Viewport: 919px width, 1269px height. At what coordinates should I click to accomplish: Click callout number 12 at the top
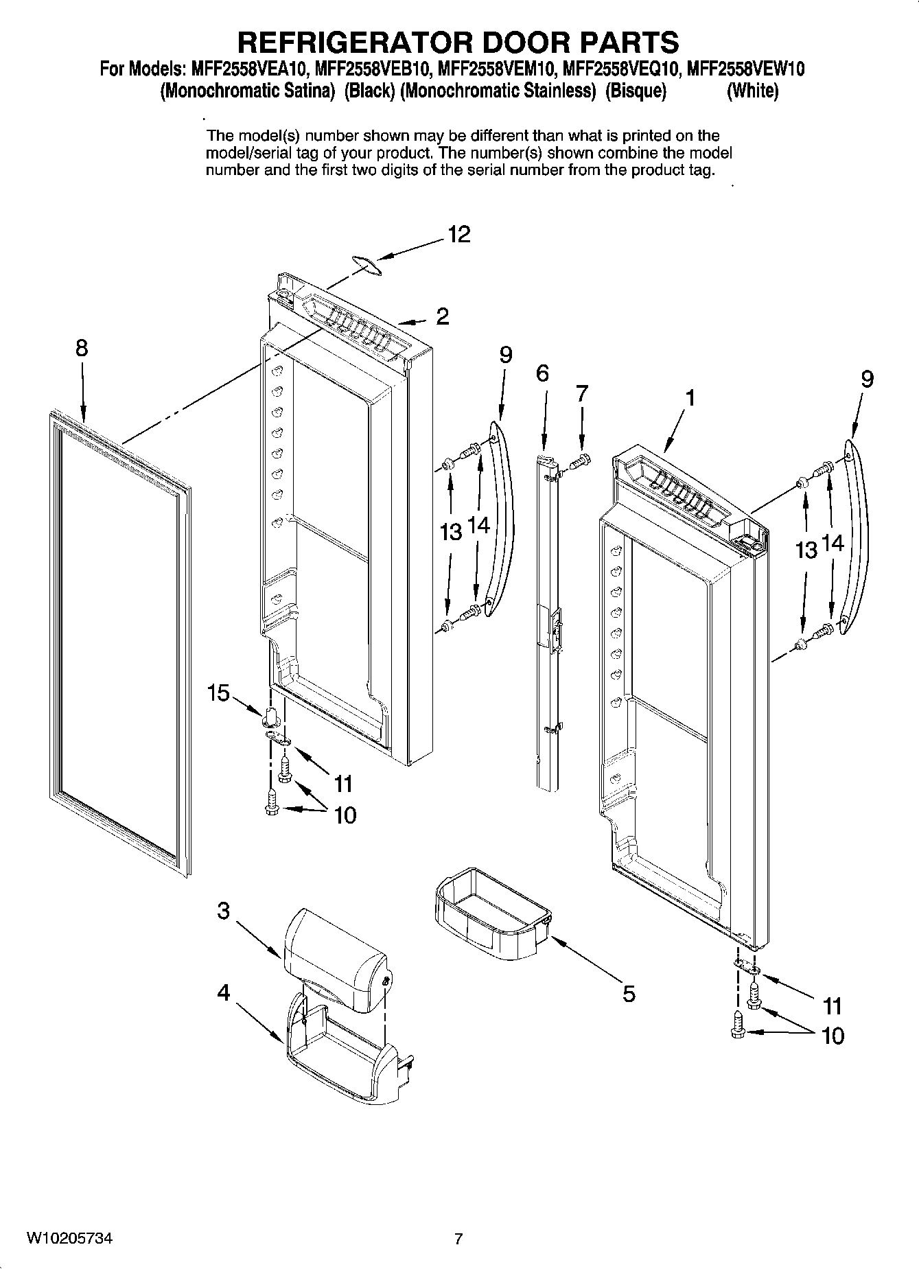click(x=459, y=235)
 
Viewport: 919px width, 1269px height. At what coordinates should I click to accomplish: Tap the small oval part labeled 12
click(x=367, y=264)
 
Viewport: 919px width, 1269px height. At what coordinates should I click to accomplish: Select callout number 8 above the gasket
click(x=82, y=348)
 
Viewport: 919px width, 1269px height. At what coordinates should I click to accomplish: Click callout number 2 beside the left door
click(x=443, y=316)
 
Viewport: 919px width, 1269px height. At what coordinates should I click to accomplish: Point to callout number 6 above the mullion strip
click(x=542, y=373)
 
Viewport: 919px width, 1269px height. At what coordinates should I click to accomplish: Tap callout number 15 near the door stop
click(x=219, y=693)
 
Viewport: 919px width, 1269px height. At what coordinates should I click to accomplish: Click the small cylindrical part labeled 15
click(x=270, y=715)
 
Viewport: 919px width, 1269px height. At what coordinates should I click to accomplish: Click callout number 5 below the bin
click(x=629, y=993)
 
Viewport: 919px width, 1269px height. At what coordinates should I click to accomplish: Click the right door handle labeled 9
click(x=857, y=535)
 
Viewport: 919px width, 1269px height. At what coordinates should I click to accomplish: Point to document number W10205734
click(x=69, y=1239)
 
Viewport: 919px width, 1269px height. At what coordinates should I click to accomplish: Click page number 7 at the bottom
click(x=458, y=1239)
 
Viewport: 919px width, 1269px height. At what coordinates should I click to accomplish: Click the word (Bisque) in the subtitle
click(x=636, y=91)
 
